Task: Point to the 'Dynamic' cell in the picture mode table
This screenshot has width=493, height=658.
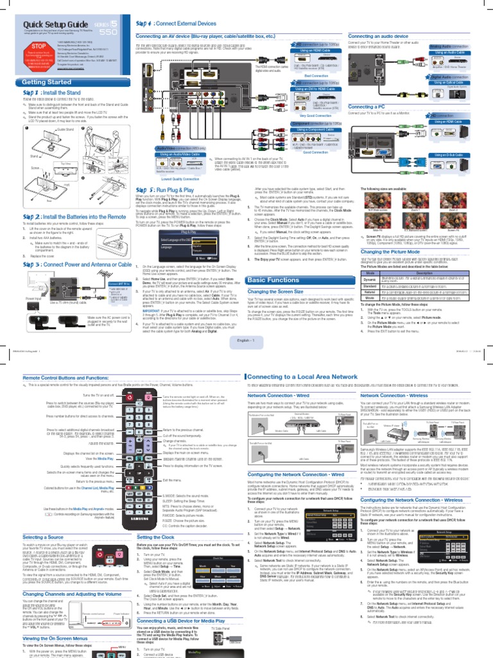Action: [370, 280]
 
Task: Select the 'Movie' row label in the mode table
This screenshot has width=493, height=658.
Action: [370, 299]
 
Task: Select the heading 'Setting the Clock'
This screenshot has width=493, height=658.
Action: [156, 537]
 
